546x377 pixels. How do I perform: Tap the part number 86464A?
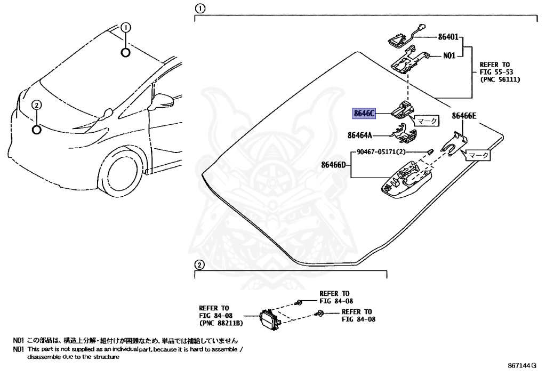coord(360,135)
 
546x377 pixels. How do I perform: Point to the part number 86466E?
coord(464,115)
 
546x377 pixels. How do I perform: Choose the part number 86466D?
coord(335,165)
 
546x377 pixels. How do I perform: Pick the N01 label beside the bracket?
coord(449,55)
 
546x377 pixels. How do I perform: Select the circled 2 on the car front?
coord(36,105)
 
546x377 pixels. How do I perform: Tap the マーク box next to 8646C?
coord(427,121)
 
